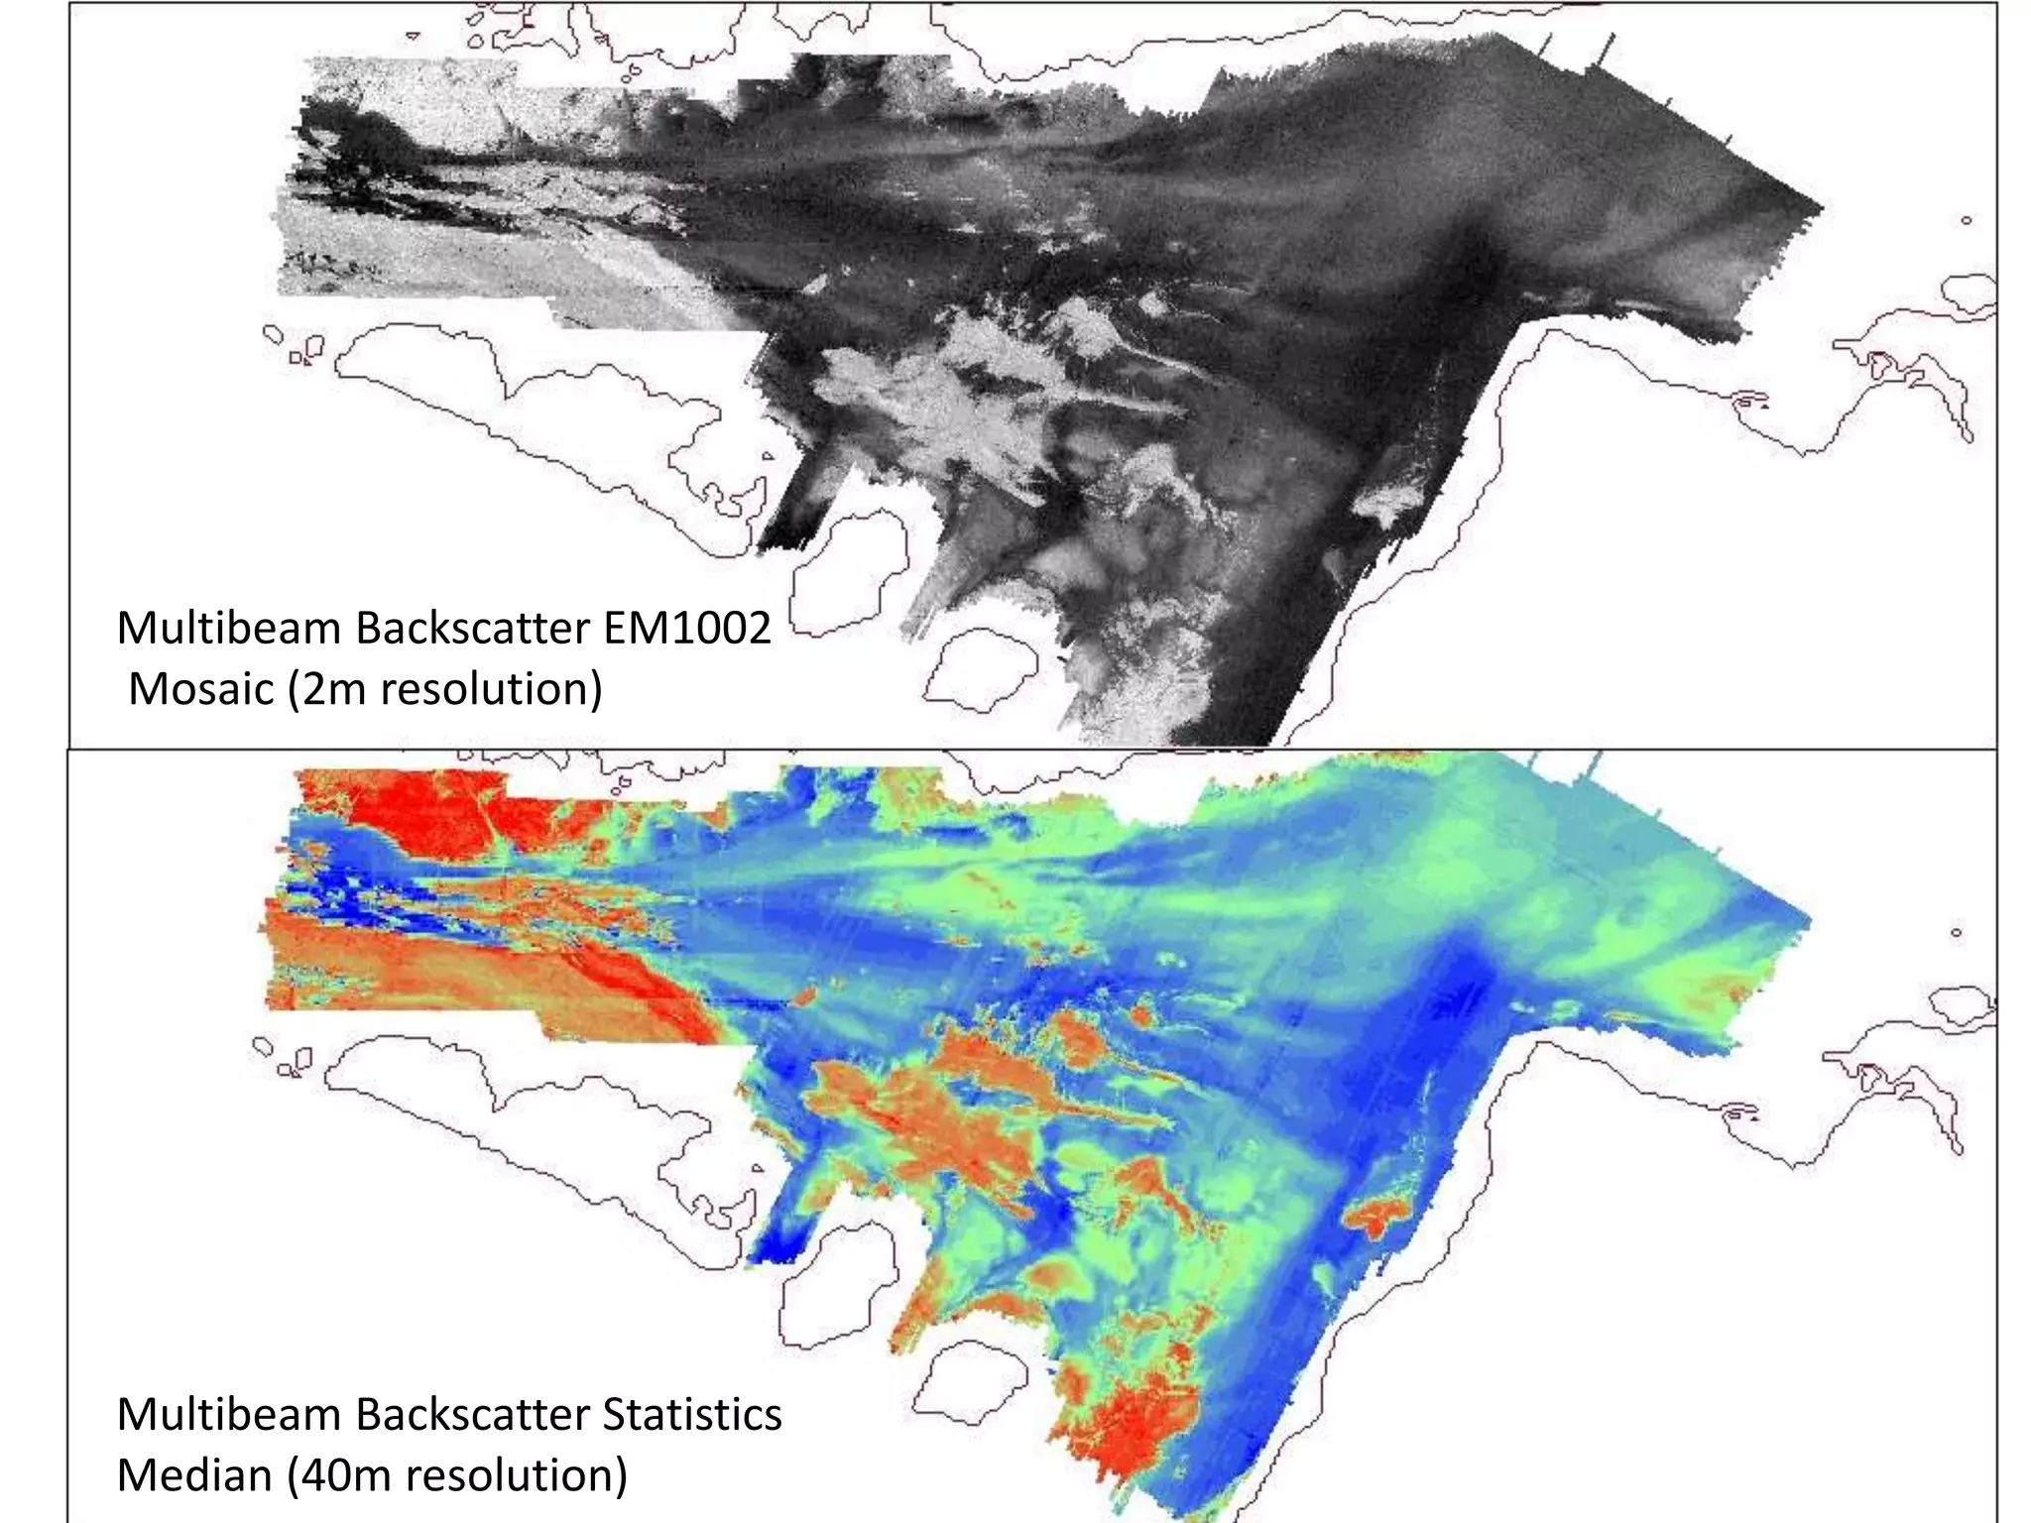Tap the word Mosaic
tap(200, 689)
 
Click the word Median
tap(194, 1475)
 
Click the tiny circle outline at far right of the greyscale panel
tap(1966, 220)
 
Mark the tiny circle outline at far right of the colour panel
tap(1956, 932)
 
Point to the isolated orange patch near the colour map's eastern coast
tap(1378, 1216)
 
